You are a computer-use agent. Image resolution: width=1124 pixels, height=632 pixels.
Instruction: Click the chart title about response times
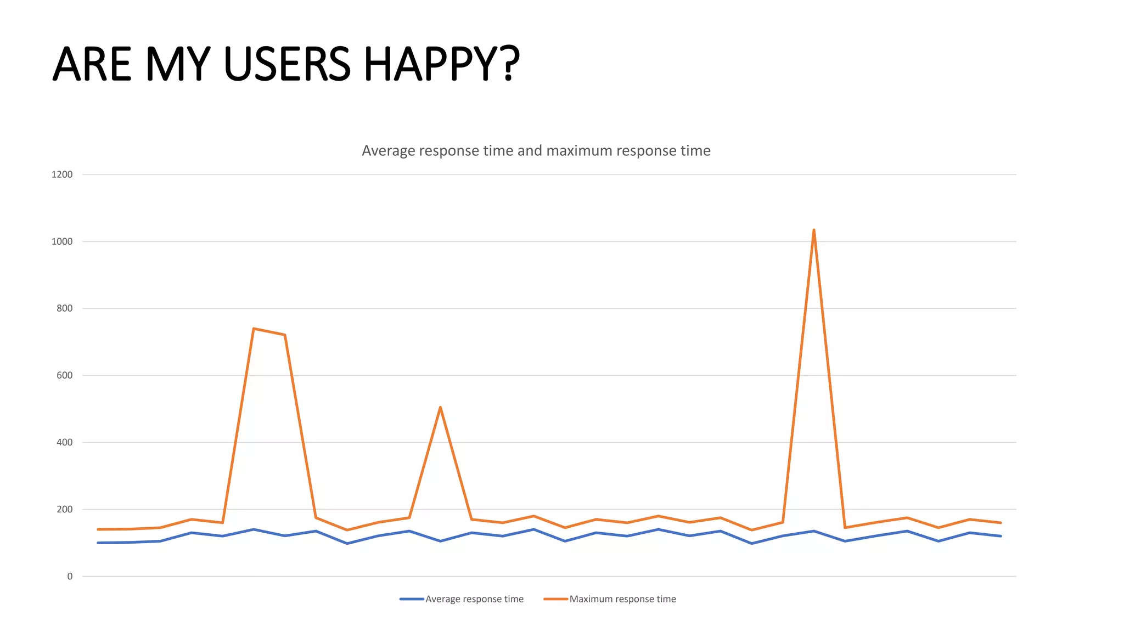[x=536, y=151]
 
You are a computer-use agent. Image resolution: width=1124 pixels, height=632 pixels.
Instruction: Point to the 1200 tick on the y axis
[x=62, y=174]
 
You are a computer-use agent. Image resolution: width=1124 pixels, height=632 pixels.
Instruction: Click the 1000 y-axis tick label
[x=62, y=241]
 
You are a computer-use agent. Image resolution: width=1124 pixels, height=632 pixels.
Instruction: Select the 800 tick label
[x=64, y=308]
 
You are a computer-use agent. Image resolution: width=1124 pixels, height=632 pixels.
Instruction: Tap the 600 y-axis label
[x=64, y=375]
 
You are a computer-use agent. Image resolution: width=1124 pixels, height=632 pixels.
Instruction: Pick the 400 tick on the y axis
[x=64, y=442]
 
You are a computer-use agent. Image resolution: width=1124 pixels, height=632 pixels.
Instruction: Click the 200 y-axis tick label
[x=64, y=509]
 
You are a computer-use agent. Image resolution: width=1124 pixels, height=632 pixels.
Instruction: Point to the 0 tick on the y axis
[x=70, y=576]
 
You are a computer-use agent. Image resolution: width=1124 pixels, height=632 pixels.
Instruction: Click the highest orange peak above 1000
[x=813, y=230]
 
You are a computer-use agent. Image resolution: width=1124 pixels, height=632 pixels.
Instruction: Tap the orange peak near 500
[x=440, y=408]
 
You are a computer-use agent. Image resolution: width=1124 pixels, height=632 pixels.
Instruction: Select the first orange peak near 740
[x=254, y=329]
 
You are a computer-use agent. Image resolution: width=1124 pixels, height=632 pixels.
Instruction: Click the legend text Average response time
[x=474, y=599]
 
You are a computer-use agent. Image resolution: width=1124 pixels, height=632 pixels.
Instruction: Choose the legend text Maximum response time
[x=622, y=599]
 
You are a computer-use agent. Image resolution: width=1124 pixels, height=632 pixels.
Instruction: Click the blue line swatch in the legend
[x=412, y=599]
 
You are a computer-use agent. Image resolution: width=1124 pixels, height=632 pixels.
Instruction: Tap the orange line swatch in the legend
[x=555, y=599]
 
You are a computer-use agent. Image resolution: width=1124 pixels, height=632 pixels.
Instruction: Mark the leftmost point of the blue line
[x=98, y=543]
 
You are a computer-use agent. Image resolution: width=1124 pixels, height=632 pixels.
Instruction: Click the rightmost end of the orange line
[x=1001, y=523]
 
